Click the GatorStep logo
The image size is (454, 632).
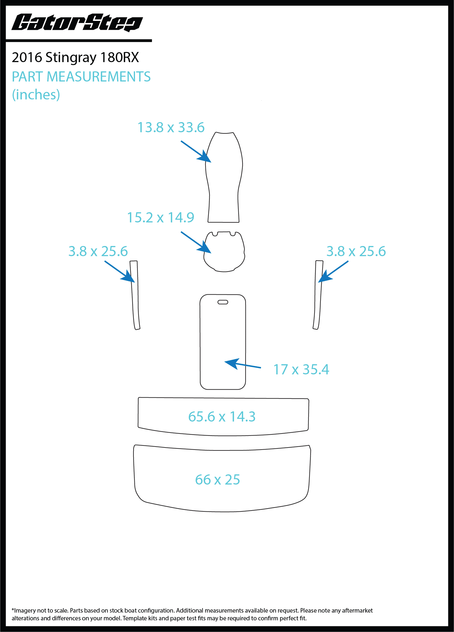pos(77,23)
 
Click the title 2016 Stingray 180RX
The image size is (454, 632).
pos(75,58)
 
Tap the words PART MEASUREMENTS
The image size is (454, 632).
pos(81,77)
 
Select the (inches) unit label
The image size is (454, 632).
pos(36,95)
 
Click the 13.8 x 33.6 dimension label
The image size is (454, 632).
pos(171,127)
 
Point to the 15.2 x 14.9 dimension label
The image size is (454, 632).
pos(161,218)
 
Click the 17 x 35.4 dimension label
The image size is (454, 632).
pos(301,370)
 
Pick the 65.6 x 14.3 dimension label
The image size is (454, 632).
pos(222,417)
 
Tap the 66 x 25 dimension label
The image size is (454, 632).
pos(217,480)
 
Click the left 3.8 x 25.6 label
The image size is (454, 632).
pos(98,251)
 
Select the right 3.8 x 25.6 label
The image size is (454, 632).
pos(356,251)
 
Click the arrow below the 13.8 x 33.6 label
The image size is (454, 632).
pos(196,152)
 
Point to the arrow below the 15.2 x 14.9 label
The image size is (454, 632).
pos(196,242)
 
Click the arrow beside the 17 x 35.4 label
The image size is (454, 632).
pos(243,364)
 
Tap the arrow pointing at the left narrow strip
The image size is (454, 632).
pos(119,272)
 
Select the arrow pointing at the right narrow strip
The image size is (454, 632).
pos(333,272)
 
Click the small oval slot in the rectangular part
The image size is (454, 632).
pos(223,302)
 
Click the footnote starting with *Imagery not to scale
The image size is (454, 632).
pos(192,614)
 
